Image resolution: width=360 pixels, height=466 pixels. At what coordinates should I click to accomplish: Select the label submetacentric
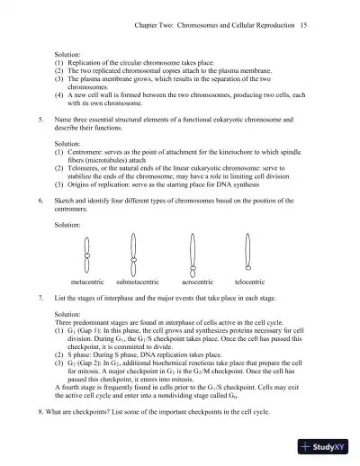click(138, 282)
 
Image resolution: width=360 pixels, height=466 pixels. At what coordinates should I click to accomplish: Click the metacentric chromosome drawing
click(86, 252)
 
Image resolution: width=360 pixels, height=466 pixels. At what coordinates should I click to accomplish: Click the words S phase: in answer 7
click(85, 346)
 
